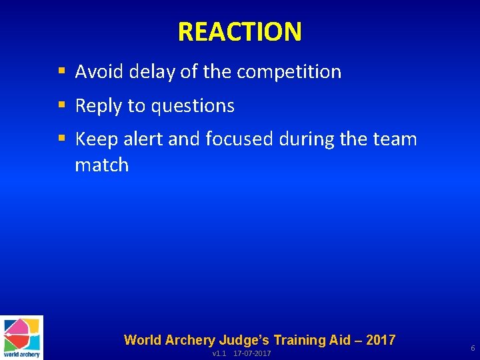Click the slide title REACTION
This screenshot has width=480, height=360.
239,31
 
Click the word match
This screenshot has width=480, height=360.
101,165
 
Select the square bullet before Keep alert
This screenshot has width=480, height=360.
61,139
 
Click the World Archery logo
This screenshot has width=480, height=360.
21,337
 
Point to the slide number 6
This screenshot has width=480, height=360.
473,349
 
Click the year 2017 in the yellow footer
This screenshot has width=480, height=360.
380,340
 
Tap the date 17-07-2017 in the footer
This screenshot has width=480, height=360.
252,353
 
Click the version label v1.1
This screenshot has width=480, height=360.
219,353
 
